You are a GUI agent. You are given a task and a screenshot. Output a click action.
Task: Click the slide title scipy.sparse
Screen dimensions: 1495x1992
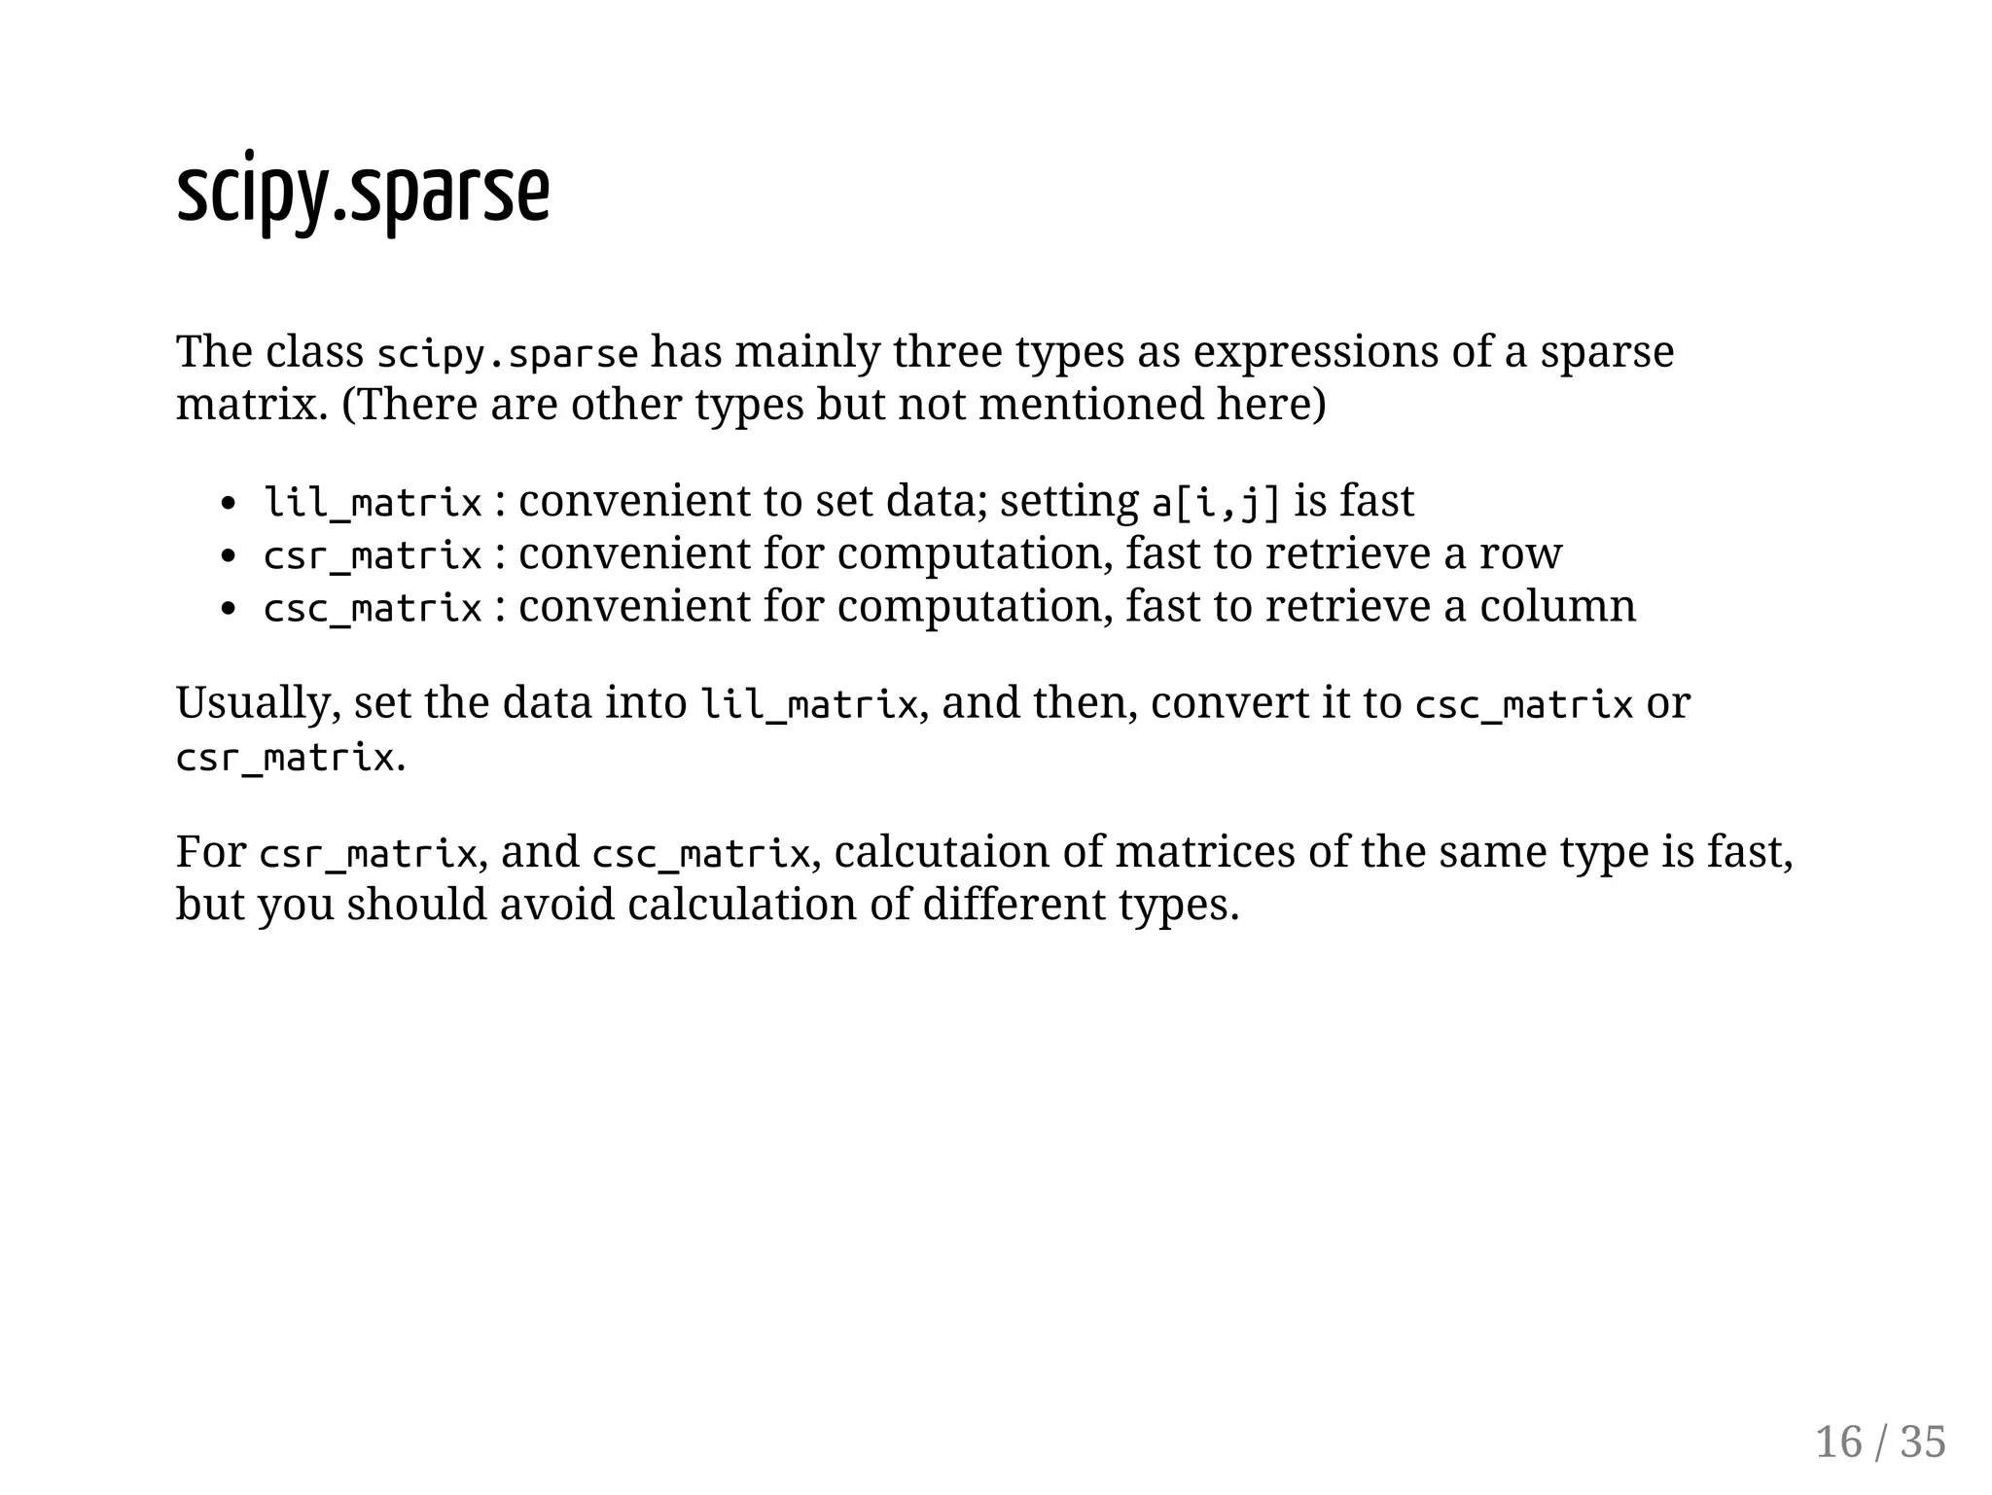[x=363, y=193]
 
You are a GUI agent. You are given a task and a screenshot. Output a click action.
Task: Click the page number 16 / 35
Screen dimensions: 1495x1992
[x=1880, y=1442]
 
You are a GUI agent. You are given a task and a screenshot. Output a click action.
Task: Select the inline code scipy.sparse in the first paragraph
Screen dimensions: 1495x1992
[x=507, y=353]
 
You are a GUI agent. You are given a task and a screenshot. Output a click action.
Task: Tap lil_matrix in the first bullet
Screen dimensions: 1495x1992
[x=373, y=503]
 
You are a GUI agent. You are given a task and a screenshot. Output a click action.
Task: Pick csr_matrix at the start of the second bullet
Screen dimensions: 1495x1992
[x=373, y=555]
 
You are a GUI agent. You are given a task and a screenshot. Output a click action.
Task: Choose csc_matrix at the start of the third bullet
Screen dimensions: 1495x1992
[x=373, y=608]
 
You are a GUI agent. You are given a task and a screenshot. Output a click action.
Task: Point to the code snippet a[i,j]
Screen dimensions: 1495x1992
[x=1215, y=503]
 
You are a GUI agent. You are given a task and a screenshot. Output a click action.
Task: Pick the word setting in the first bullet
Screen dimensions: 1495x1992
[x=1069, y=503]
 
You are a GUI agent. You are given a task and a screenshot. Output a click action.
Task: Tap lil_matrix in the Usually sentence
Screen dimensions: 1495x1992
[x=809, y=704]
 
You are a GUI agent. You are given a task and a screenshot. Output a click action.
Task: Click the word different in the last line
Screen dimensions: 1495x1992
[x=1014, y=905]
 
